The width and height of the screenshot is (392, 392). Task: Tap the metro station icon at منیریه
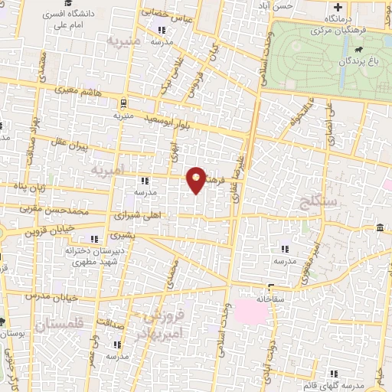(x=122, y=103)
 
